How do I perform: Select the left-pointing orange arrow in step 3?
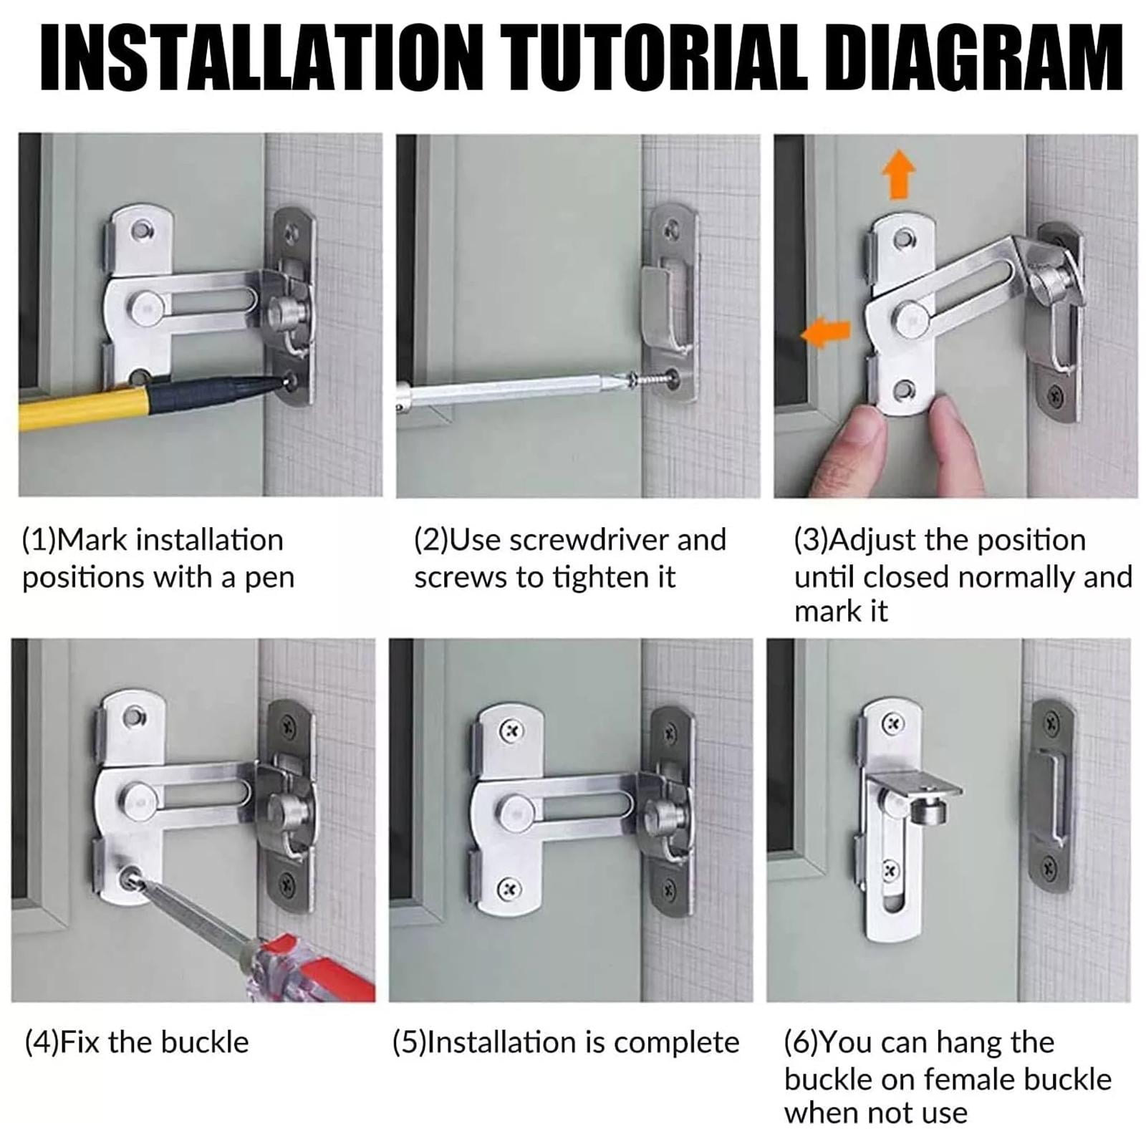pos(825,333)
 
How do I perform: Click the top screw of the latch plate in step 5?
pos(511,731)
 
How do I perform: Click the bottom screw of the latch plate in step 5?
pos(509,890)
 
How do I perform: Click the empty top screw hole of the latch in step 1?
pos(143,230)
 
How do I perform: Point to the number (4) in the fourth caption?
pos(42,1043)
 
